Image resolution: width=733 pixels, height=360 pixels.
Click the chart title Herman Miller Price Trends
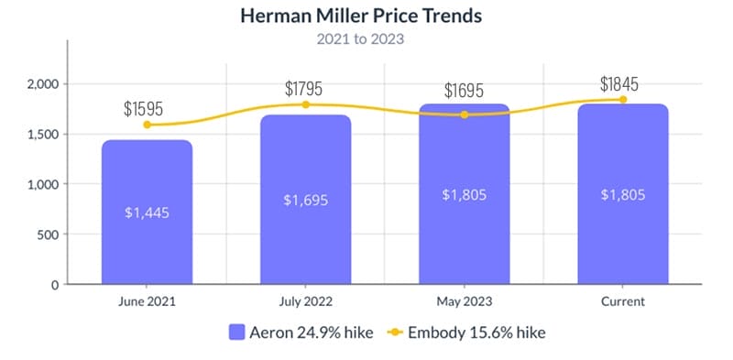359,16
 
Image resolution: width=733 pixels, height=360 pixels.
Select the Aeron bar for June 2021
147,212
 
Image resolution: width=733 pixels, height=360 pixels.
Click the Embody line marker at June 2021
147,125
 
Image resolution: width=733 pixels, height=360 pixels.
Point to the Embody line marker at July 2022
305,104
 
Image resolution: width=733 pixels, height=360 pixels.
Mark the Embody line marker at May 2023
464,115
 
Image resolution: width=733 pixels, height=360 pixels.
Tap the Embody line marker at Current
622,100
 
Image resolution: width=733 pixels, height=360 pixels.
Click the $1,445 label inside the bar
147,213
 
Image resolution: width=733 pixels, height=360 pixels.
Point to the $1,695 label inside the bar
305,200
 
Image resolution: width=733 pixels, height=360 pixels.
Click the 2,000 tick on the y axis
42,84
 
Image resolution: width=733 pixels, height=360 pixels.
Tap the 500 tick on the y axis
48,235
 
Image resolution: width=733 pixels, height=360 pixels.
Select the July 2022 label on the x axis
305,300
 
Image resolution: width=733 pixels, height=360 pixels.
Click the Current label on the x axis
622,300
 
